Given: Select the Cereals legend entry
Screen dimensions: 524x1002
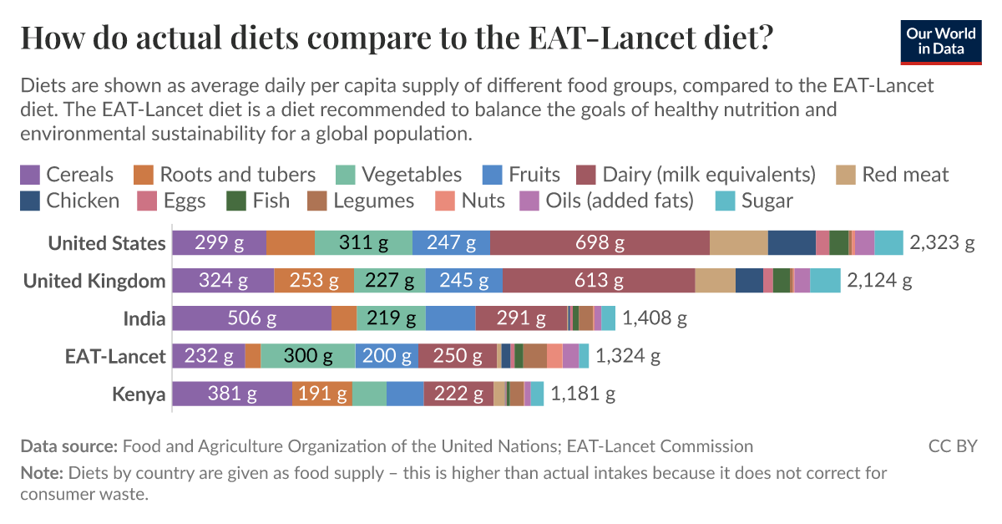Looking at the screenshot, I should pos(67,175).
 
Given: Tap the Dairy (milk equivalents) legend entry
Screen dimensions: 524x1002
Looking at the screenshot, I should pos(697,175).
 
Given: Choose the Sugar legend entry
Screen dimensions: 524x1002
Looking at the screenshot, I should pos(755,201).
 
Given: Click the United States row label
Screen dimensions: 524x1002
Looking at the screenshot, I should pos(106,243).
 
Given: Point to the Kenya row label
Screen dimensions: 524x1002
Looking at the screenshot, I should pos(139,394).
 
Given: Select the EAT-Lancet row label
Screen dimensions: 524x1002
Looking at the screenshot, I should pos(115,356).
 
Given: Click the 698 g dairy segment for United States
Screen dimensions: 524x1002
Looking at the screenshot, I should pos(600,243).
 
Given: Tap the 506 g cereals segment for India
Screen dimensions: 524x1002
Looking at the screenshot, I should pos(252,318).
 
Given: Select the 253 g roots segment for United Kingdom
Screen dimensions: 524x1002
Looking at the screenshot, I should pos(314,281).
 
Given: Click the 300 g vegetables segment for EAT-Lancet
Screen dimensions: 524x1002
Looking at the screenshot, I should pos(307,356).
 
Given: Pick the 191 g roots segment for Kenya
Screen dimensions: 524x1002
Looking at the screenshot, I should pos(321,394).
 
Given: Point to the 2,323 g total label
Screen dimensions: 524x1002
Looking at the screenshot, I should pos(942,243).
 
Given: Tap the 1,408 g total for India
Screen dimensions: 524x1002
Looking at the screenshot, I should pos(654,318).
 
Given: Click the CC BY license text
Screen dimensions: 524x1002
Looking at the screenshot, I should pos(952,446).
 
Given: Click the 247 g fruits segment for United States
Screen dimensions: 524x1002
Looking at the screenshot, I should pos(451,243).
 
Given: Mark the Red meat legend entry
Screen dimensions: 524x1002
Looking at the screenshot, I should pos(893,175).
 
